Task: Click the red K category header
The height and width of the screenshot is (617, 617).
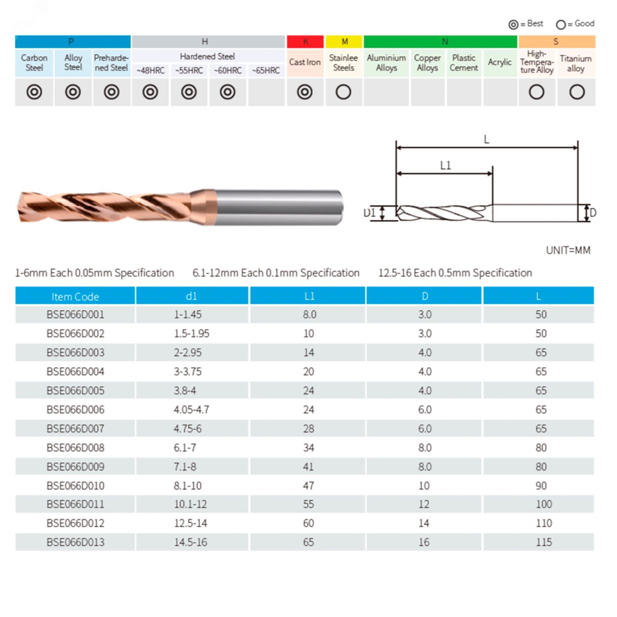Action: point(305,42)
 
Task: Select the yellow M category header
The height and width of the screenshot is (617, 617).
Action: point(344,42)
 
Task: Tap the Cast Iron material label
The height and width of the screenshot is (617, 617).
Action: point(305,62)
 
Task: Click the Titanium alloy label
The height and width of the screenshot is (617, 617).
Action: point(576,63)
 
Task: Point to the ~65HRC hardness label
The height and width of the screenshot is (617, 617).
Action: point(266,70)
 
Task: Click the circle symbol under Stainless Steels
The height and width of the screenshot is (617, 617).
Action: point(343,92)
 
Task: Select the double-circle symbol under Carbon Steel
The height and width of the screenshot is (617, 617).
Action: point(34,92)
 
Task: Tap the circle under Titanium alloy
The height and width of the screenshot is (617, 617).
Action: point(577,92)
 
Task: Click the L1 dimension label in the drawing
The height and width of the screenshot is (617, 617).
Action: point(445,165)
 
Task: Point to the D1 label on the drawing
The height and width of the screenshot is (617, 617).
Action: point(370,212)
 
